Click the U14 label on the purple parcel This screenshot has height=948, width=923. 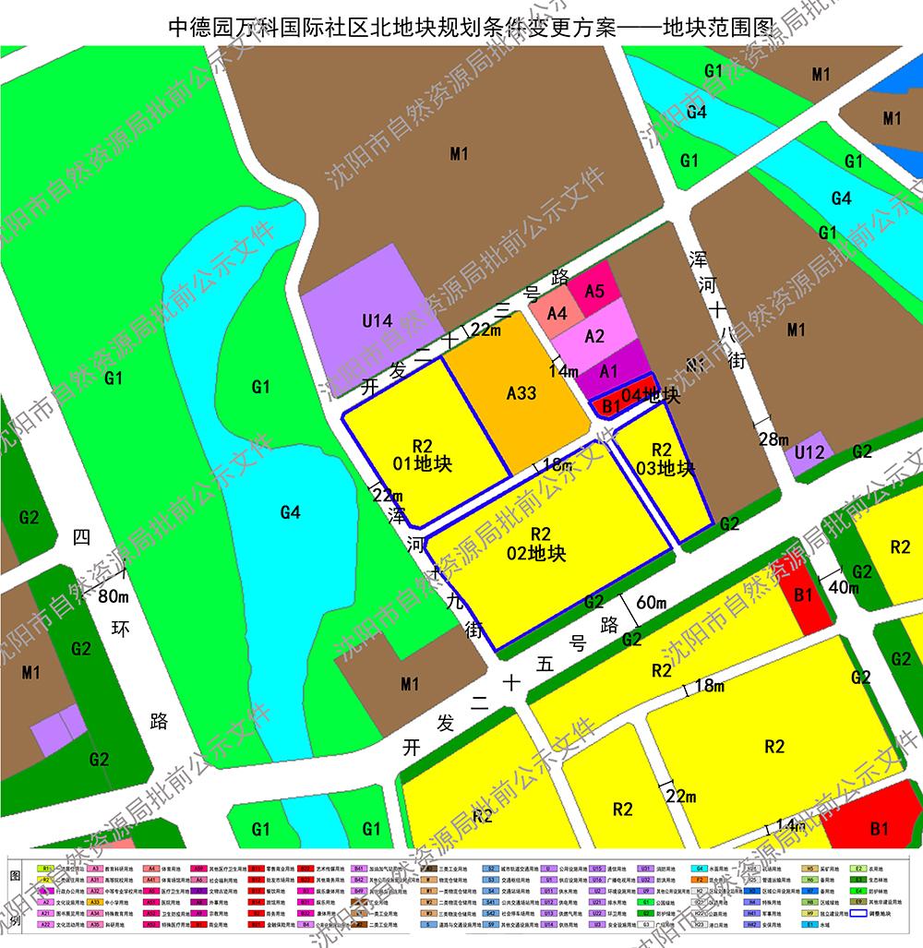pyautogui.click(x=377, y=321)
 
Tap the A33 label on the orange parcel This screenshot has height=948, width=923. pyautogui.click(x=521, y=393)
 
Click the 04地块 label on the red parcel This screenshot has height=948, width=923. pyautogui.click(x=651, y=396)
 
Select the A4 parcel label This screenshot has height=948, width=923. pyautogui.click(x=557, y=314)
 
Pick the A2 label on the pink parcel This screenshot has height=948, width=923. pyautogui.click(x=594, y=336)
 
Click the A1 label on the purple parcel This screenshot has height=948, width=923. pyautogui.click(x=607, y=371)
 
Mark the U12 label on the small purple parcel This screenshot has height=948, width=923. pyautogui.click(x=809, y=452)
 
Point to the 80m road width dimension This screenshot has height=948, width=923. pyautogui.click(x=114, y=595)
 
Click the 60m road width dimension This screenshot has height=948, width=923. pyautogui.click(x=651, y=603)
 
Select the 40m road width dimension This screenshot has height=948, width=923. pyautogui.click(x=843, y=587)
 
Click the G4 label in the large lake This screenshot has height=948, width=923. pyautogui.click(x=290, y=511)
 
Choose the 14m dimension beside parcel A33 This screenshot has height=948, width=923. pyautogui.click(x=563, y=370)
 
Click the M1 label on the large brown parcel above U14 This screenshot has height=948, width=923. pyautogui.click(x=459, y=154)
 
